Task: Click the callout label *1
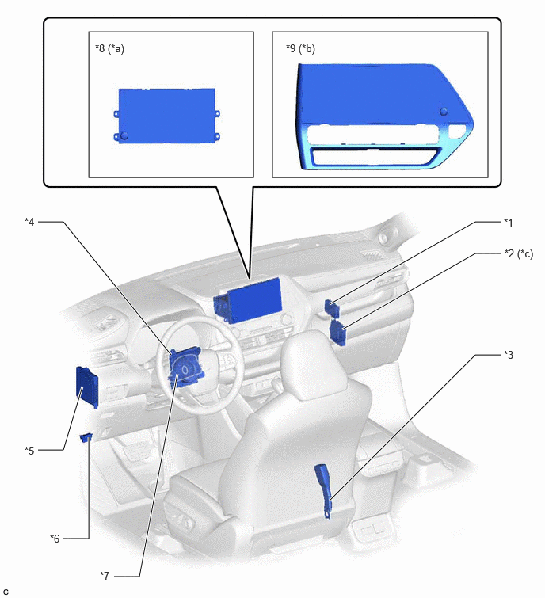pyautogui.click(x=509, y=223)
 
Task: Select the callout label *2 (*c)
pyautogui.click(x=519, y=254)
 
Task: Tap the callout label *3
pyautogui.click(x=509, y=355)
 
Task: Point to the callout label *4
pyautogui.click(x=29, y=222)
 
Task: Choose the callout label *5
pyautogui.click(x=29, y=451)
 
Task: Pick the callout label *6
pyautogui.click(x=55, y=539)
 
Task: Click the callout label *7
pyautogui.click(x=105, y=576)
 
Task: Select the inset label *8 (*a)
pyautogui.click(x=109, y=49)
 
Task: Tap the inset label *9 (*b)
pyautogui.click(x=300, y=49)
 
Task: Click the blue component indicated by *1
pyautogui.click(x=330, y=308)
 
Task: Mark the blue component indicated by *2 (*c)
pyautogui.click(x=338, y=333)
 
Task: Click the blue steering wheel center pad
pyautogui.click(x=185, y=368)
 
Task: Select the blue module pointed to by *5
pyautogui.click(x=87, y=387)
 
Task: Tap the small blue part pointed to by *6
pyautogui.click(x=86, y=437)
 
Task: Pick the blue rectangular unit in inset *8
pyautogui.click(x=166, y=116)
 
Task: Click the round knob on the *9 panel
pyautogui.click(x=444, y=111)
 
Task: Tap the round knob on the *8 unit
pyautogui.click(x=124, y=135)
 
